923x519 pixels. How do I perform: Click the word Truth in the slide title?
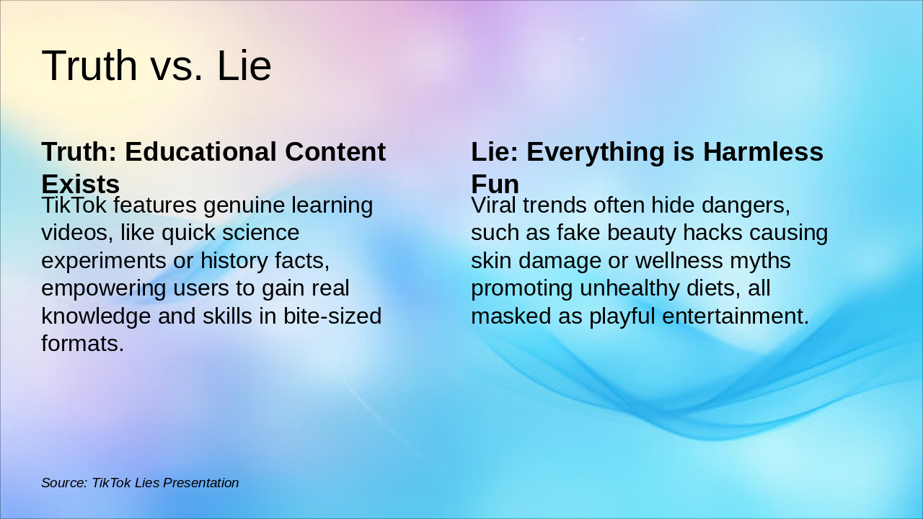tap(89, 66)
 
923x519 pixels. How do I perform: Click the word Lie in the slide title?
tap(244, 66)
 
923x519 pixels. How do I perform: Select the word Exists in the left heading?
tap(80, 184)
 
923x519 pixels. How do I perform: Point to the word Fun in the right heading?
tap(495, 184)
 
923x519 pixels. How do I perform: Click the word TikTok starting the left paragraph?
tap(74, 205)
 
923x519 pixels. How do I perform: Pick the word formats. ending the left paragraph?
tap(82, 344)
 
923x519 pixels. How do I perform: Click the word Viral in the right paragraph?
tap(493, 205)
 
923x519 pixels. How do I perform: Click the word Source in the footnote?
tap(63, 483)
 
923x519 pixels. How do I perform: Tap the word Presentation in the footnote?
tap(201, 483)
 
